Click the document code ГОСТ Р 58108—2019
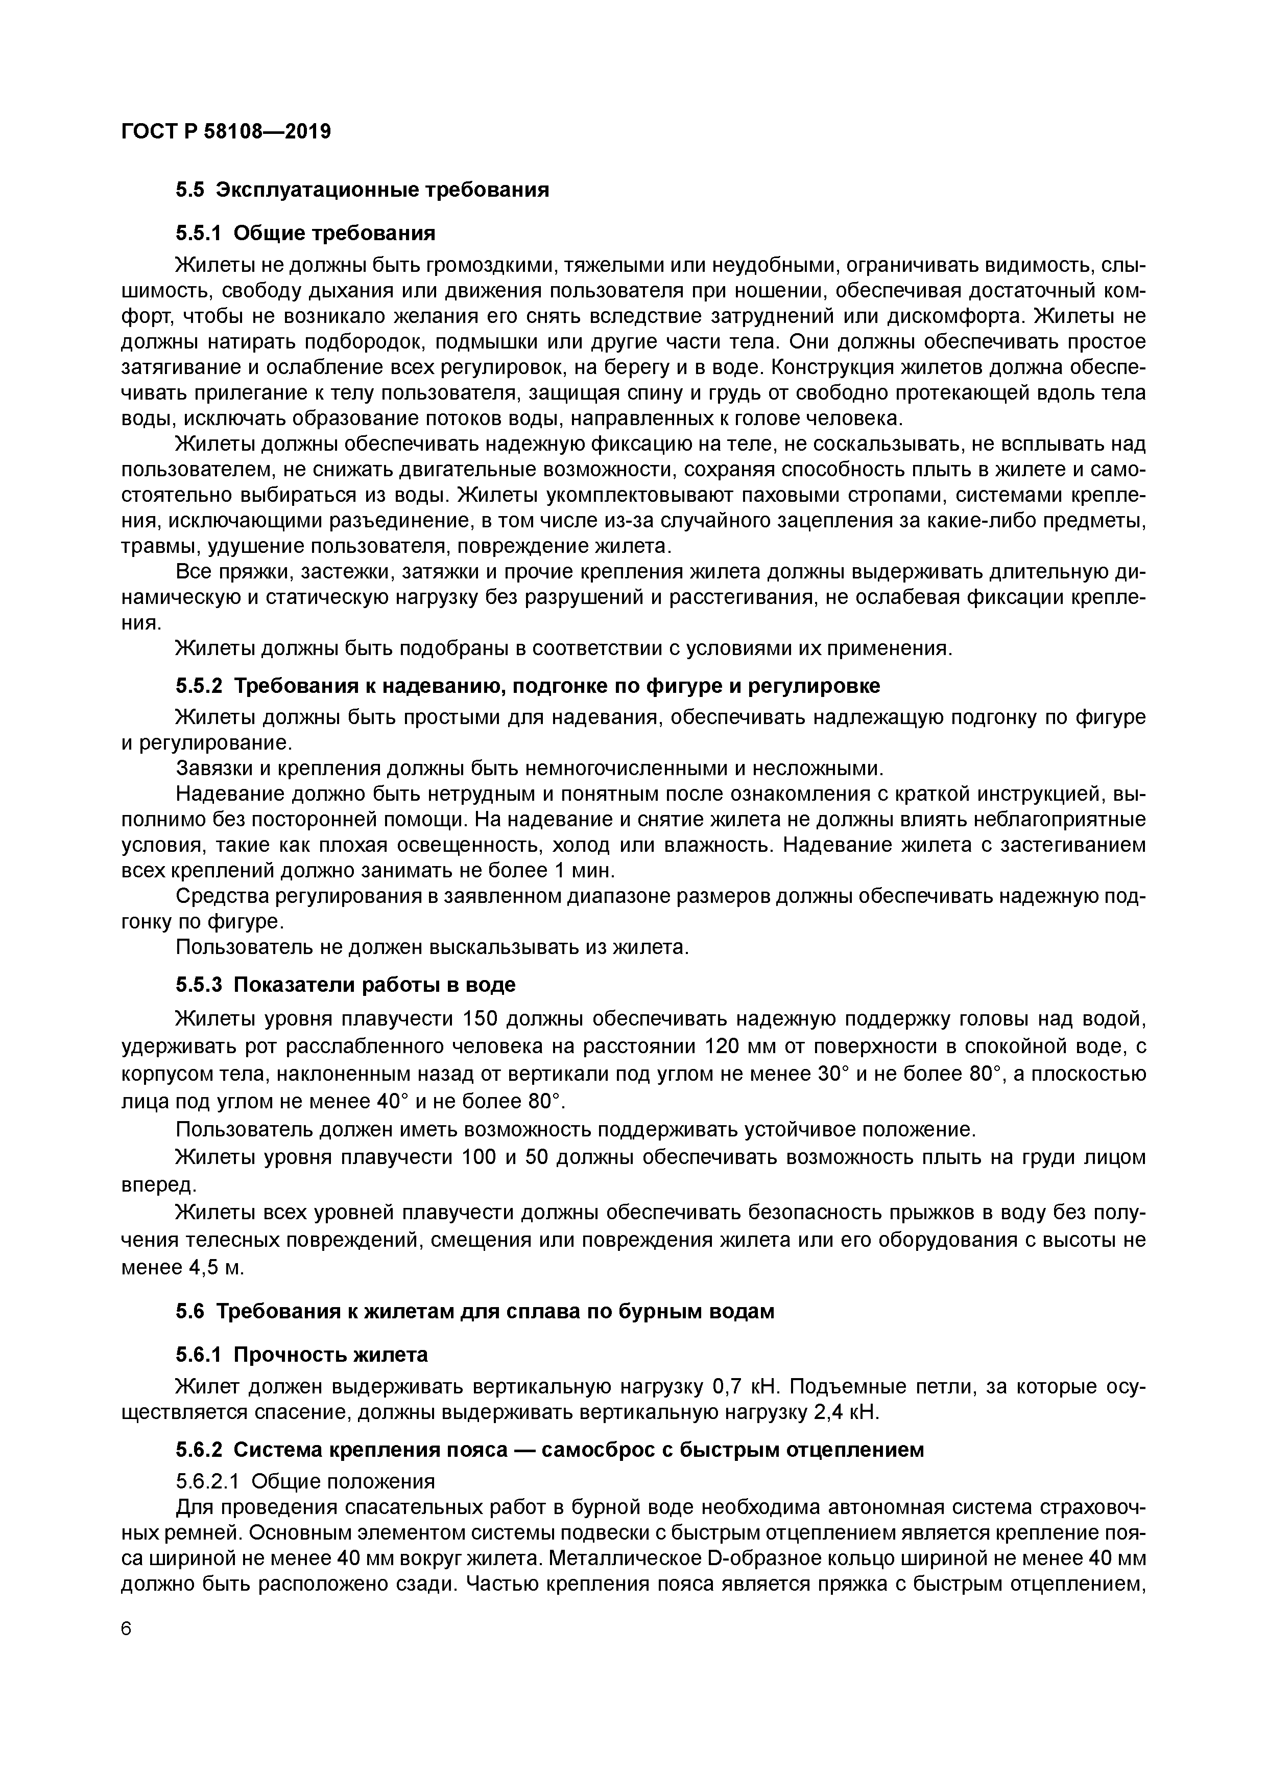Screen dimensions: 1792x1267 click(x=226, y=132)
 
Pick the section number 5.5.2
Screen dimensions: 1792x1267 click(x=199, y=686)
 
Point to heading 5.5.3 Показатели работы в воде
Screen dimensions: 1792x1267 click(x=346, y=985)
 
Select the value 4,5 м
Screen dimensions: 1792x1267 click(x=217, y=1268)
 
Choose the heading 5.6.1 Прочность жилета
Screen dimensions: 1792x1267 click(x=302, y=1355)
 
